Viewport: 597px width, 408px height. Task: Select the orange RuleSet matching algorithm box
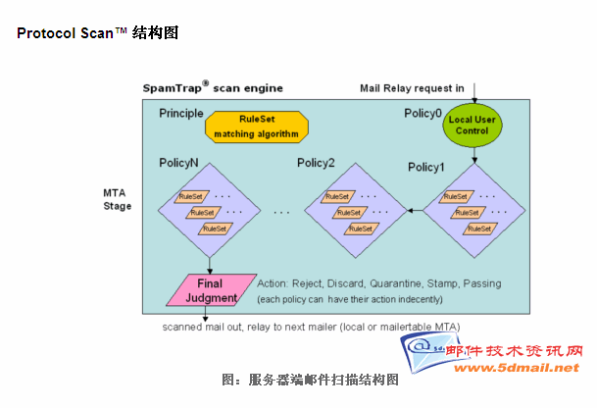click(x=257, y=125)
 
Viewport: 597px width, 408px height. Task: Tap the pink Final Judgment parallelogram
click(x=210, y=290)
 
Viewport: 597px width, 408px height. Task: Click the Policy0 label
click(x=423, y=113)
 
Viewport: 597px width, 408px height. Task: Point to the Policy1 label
click(x=426, y=167)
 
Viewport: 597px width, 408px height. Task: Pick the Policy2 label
click(x=316, y=163)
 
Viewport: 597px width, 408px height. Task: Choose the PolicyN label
click(x=178, y=162)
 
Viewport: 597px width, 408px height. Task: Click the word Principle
click(x=180, y=114)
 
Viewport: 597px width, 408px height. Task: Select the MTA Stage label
click(x=117, y=199)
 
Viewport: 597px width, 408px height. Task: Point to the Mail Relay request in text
click(x=413, y=88)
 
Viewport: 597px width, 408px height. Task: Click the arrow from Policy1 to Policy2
click(x=416, y=210)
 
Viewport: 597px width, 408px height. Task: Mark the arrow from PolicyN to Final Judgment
click(x=210, y=264)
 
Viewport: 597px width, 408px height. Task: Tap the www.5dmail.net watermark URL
click(x=530, y=368)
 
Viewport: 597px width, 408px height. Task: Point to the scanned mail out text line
click(x=311, y=327)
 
